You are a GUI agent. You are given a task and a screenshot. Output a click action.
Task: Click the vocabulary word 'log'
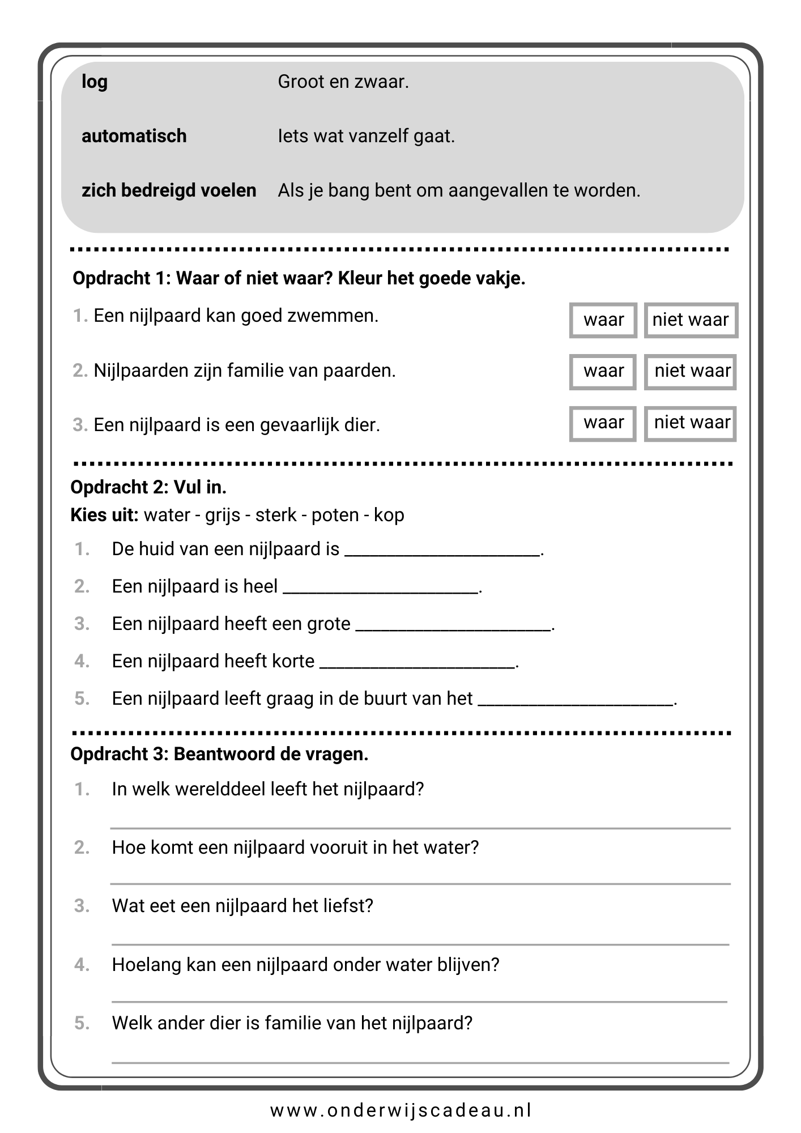click(x=94, y=82)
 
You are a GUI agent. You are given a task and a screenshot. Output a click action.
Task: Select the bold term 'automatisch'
click(x=134, y=136)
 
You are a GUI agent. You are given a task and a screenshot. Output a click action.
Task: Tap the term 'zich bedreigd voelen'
click(x=169, y=190)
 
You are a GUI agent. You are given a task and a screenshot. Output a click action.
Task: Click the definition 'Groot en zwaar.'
click(x=343, y=82)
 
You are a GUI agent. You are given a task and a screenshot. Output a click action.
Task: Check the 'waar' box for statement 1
click(x=603, y=320)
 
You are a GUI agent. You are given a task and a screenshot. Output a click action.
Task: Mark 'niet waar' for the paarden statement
click(x=691, y=372)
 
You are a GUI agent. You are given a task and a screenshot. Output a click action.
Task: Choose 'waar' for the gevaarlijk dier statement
click(x=603, y=423)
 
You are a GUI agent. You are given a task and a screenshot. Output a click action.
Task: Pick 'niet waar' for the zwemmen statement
click(x=691, y=320)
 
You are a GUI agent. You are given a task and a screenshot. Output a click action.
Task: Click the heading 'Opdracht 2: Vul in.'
click(x=148, y=487)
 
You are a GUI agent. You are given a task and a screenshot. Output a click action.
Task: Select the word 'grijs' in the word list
click(x=223, y=515)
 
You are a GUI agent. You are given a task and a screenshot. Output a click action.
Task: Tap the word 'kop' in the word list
click(x=389, y=515)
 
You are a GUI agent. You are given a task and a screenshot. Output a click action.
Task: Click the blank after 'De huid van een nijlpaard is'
click(x=442, y=552)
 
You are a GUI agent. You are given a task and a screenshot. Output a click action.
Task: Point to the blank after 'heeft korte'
click(x=418, y=665)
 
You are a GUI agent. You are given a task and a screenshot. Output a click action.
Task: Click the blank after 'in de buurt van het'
click(x=576, y=702)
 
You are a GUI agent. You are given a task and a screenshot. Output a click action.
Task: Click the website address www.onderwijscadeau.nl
click(x=400, y=1110)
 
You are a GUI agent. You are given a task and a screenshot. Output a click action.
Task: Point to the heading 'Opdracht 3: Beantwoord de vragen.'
click(x=219, y=755)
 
